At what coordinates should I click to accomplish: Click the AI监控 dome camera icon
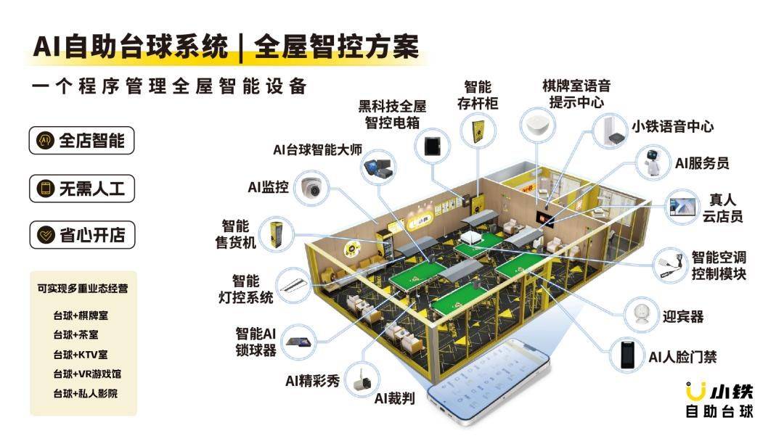(x=311, y=188)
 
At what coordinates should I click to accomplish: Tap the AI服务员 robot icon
(x=653, y=162)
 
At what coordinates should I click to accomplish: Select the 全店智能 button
(x=81, y=140)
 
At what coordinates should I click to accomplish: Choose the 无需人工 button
(x=81, y=189)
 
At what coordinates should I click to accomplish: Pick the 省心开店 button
(x=81, y=235)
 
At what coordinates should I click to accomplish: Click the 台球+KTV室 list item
(x=81, y=355)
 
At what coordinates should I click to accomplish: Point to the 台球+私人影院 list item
(x=86, y=394)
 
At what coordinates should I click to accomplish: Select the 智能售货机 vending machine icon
(x=276, y=235)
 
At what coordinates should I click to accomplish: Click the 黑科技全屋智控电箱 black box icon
(x=432, y=146)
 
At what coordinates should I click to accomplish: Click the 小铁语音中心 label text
(x=672, y=126)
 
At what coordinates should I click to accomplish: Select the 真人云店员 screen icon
(x=683, y=207)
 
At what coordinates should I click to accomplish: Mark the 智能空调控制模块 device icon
(x=671, y=265)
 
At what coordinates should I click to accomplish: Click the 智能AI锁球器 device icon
(x=299, y=342)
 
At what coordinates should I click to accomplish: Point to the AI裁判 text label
(x=394, y=398)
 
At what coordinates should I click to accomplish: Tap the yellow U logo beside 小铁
(x=695, y=390)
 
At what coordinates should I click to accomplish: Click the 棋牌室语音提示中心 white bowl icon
(x=537, y=124)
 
